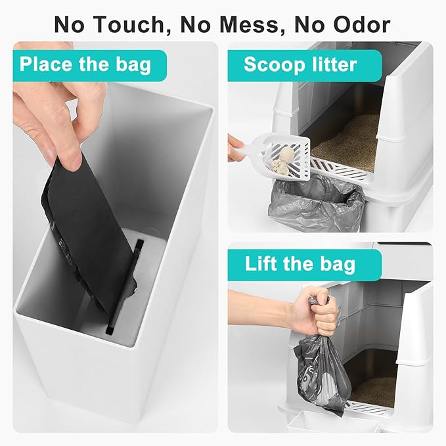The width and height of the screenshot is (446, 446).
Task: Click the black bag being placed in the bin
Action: point(86,217)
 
